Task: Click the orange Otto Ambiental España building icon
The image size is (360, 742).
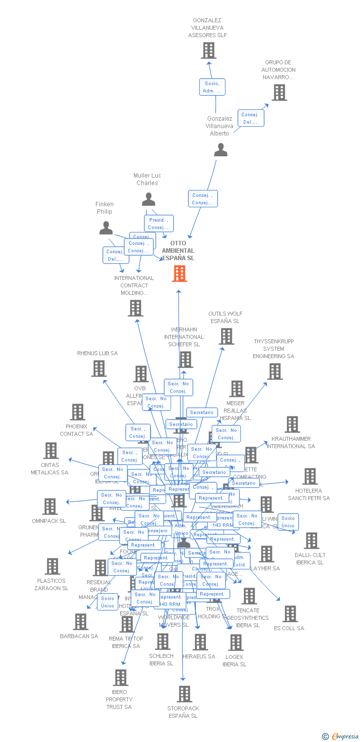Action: pyautogui.click(x=180, y=273)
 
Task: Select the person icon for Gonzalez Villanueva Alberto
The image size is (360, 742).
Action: pyautogui.click(x=221, y=150)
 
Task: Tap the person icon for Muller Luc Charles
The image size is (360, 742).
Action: pyautogui.click(x=148, y=199)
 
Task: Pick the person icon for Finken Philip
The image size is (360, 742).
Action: pyautogui.click(x=106, y=228)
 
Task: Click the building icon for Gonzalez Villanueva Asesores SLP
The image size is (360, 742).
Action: pyautogui.click(x=209, y=50)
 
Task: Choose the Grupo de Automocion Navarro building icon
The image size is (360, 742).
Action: pyautogui.click(x=279, y=93)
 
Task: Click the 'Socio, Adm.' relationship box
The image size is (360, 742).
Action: pyautogui.click(x=212, y=87)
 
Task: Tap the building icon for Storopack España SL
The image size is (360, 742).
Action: pyautogui.click(x=184, y=694)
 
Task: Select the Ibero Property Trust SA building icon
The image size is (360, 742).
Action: pyautogui.click(x=120, y=678)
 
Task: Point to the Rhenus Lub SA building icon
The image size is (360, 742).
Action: pyautogui.click(x=99, y=369)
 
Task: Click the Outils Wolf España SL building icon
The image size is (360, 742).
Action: pyautogui.click(x=226, y=336)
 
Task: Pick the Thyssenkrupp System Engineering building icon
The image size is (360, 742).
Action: pyautogui.click(x=274, y=371)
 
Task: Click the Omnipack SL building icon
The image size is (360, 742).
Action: pyautogui.click(x=50, y=507)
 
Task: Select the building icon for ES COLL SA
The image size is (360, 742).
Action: pyautogui.click(x=290, y=614)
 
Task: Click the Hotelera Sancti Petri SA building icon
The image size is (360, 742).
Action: pyautogui.click(x=310, y=476)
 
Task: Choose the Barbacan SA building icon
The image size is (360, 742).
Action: pyautogui.click(x=80, y=622)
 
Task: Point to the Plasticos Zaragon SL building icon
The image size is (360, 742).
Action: pyautogui.click(x=52, y=566)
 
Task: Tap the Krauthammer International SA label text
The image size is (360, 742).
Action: pyautogui.click(x=291, y=442)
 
